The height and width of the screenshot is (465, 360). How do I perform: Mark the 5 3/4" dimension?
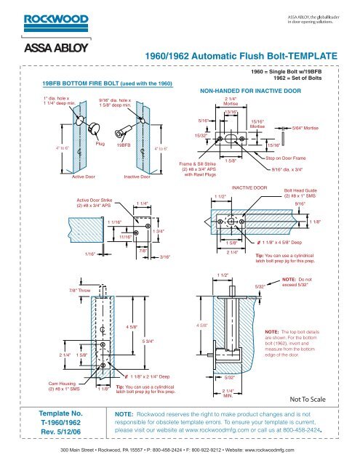pyautogui.click(x=148, y=341)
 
